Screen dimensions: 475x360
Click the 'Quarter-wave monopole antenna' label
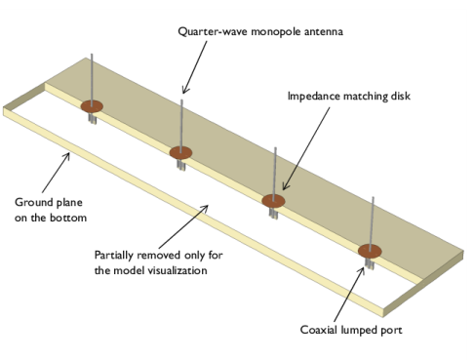(x=260, y=32)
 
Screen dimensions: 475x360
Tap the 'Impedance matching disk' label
(x=349, y=97)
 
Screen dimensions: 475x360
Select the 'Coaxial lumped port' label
(x=351, y=330)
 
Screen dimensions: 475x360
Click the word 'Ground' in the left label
(x=34, y=202)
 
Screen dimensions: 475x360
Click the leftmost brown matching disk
(x=92, y=106)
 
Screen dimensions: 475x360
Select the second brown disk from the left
(x=180, y=152)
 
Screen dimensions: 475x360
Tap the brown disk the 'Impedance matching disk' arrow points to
(x=273, y=201)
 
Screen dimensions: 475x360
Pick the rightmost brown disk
(x=370, y=251)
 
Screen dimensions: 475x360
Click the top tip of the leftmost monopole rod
(x=92, y=54)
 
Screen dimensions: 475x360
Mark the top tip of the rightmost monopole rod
(x=373, y=197)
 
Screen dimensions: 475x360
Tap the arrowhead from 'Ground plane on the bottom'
(x=68, y=154)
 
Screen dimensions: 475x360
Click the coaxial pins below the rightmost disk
(x=370, y=263)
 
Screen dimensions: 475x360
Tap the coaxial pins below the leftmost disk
(x=93, y=118)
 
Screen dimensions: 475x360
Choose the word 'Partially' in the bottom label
(x=114, y=256)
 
